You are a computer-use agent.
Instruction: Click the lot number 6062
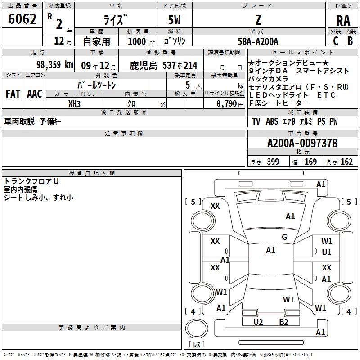click(22, 20)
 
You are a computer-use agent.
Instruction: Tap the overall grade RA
click(343, 21)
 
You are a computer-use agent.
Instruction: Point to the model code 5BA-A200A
click(258, 41)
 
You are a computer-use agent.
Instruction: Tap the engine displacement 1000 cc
click(138, 41)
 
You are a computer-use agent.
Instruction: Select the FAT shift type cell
click(13, 94)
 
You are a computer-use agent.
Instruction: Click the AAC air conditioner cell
click(35, 94)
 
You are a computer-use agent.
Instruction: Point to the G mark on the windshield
click(284, 237)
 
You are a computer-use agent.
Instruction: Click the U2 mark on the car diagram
click(258, 322)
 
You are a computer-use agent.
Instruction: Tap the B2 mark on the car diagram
click(283, 322)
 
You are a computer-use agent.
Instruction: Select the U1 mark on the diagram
click(327, 252)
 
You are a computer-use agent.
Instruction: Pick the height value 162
click(346, 162)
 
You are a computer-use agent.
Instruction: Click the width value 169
click(310, 162)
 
